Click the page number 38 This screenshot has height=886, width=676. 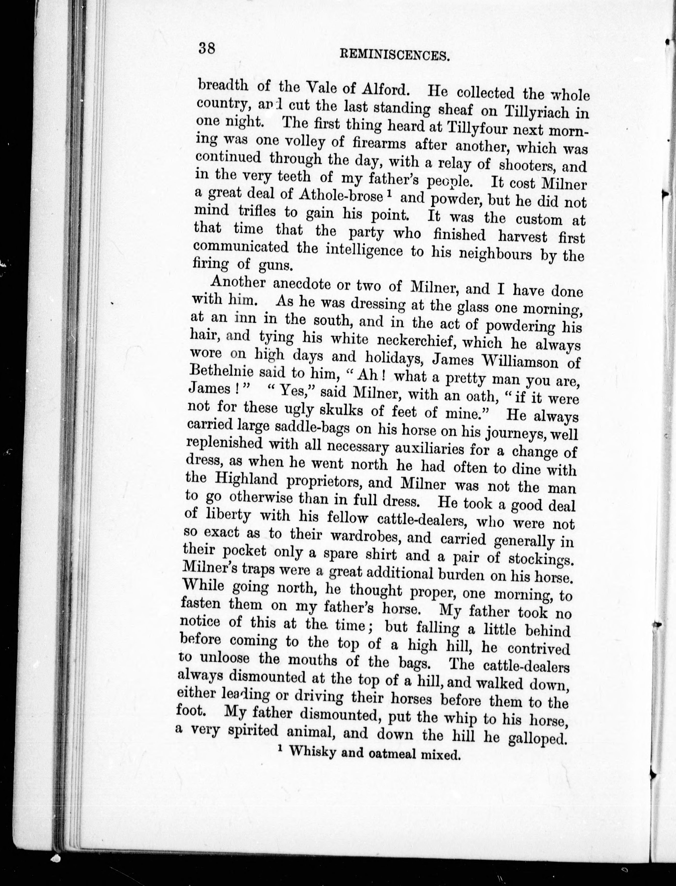(207, 49)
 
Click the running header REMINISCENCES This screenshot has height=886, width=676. (394, 55)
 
